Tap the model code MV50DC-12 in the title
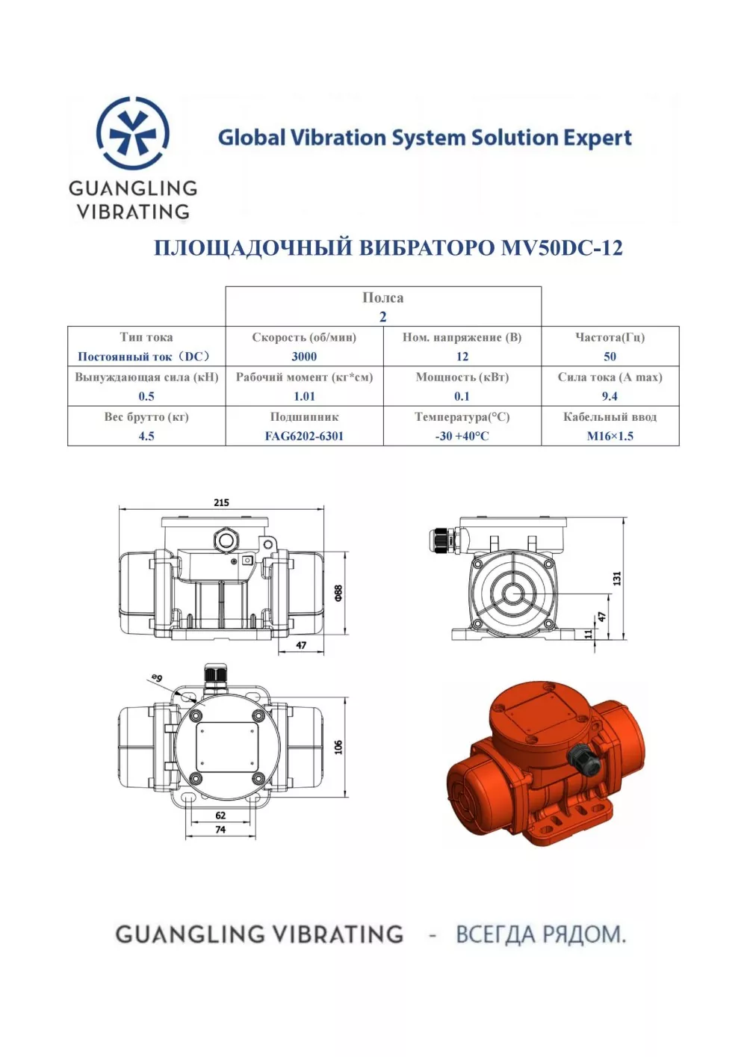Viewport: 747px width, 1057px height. (562, 247)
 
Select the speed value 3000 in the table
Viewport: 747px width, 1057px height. (304, 357)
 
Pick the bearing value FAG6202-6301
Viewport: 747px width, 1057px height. (304, 436)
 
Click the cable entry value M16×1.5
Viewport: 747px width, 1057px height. (610, 436)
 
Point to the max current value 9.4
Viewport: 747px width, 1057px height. (610, 396)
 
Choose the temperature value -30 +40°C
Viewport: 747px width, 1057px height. (462, 436)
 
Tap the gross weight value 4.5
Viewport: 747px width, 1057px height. (146, 436)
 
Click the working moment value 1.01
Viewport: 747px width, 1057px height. (304, 396)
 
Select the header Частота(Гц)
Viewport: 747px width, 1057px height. (610, 337)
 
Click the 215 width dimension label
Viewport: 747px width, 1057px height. (221, 502)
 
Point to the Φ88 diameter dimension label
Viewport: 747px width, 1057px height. (338, 593)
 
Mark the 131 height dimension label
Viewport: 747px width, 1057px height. (617, 579)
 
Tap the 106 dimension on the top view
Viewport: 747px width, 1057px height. (338, 747)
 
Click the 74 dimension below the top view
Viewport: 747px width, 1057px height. (220, 830)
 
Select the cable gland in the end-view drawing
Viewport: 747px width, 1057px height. (442, 542)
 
